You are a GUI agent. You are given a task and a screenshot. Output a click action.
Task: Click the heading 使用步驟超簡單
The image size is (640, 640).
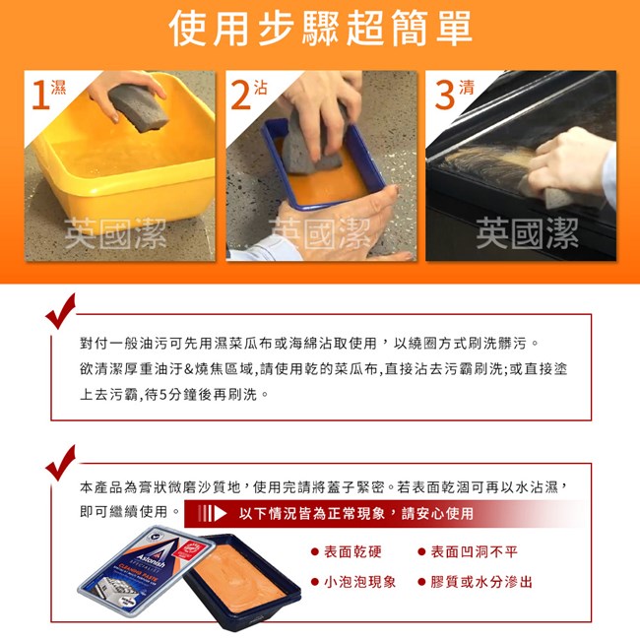tap(320, 29)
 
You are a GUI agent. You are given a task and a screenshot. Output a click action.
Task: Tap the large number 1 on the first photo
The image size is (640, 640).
tap(40, 95)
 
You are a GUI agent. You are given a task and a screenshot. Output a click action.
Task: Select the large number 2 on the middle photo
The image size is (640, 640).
tap(240, 95)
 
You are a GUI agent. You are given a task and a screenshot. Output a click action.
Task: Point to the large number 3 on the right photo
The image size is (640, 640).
tap(444, 95)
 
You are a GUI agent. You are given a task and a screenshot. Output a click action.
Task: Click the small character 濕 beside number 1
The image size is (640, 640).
tap(58, 87)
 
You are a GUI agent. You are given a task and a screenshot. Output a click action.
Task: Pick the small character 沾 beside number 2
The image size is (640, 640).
tap(260, 87)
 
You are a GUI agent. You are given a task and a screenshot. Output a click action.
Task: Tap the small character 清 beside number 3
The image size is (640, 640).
tap(467, 87)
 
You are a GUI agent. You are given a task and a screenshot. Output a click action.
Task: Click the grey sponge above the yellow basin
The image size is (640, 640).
tap(139, 107)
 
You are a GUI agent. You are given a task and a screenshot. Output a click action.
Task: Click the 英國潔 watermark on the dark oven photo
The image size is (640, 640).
tap(527, 233)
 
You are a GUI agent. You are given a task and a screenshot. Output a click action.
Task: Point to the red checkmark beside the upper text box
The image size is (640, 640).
tap(61, 311)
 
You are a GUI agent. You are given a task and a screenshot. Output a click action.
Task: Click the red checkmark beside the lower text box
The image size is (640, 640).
tap(61, 463)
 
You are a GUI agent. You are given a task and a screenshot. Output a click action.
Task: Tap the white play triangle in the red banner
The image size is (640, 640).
tap(220, 513)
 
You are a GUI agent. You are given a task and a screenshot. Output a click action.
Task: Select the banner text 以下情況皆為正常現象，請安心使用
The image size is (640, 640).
tap(355, 513)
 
